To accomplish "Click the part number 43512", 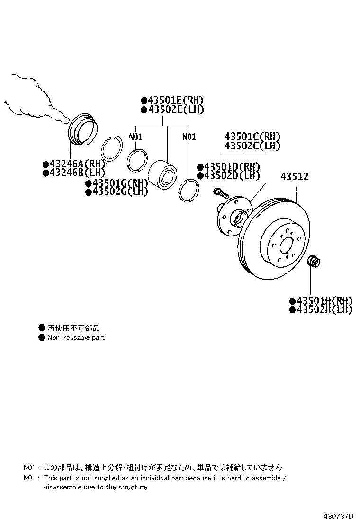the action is coord(295,176).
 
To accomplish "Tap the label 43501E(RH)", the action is coord(176,100).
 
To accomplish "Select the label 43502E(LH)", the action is coord(176,109).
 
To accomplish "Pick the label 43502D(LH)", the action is coord(232,175).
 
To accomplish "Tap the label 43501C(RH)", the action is coord(252,136).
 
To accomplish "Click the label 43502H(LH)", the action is coord(325,309).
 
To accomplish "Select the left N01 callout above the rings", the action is coord(135,137).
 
